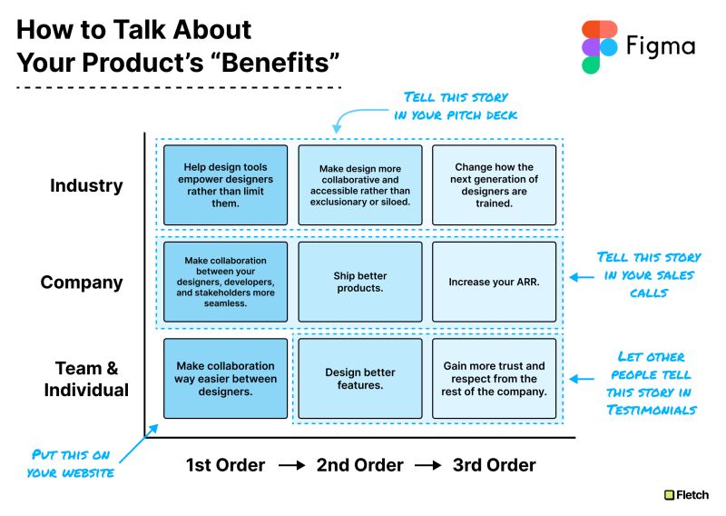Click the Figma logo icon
[599, 47]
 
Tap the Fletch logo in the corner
[686, 495]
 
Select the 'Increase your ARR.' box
[494, 282]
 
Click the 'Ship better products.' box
[360, 282]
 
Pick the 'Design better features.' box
[360, 378]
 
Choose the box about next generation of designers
[494, 185]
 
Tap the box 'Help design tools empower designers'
[225, 185]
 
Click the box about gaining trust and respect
[494, 378]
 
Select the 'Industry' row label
[86, 185]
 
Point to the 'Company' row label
[82, 283]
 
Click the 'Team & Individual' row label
[86, 379]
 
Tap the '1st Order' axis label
[225, 465]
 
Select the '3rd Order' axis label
[494, 465]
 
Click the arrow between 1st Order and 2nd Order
[291, 465]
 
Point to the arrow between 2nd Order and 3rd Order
[428, 465]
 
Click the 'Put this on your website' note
[71, 463]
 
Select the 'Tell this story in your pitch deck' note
[456, 106]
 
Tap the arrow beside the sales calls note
[582, 277]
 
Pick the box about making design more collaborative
[360, 185]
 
